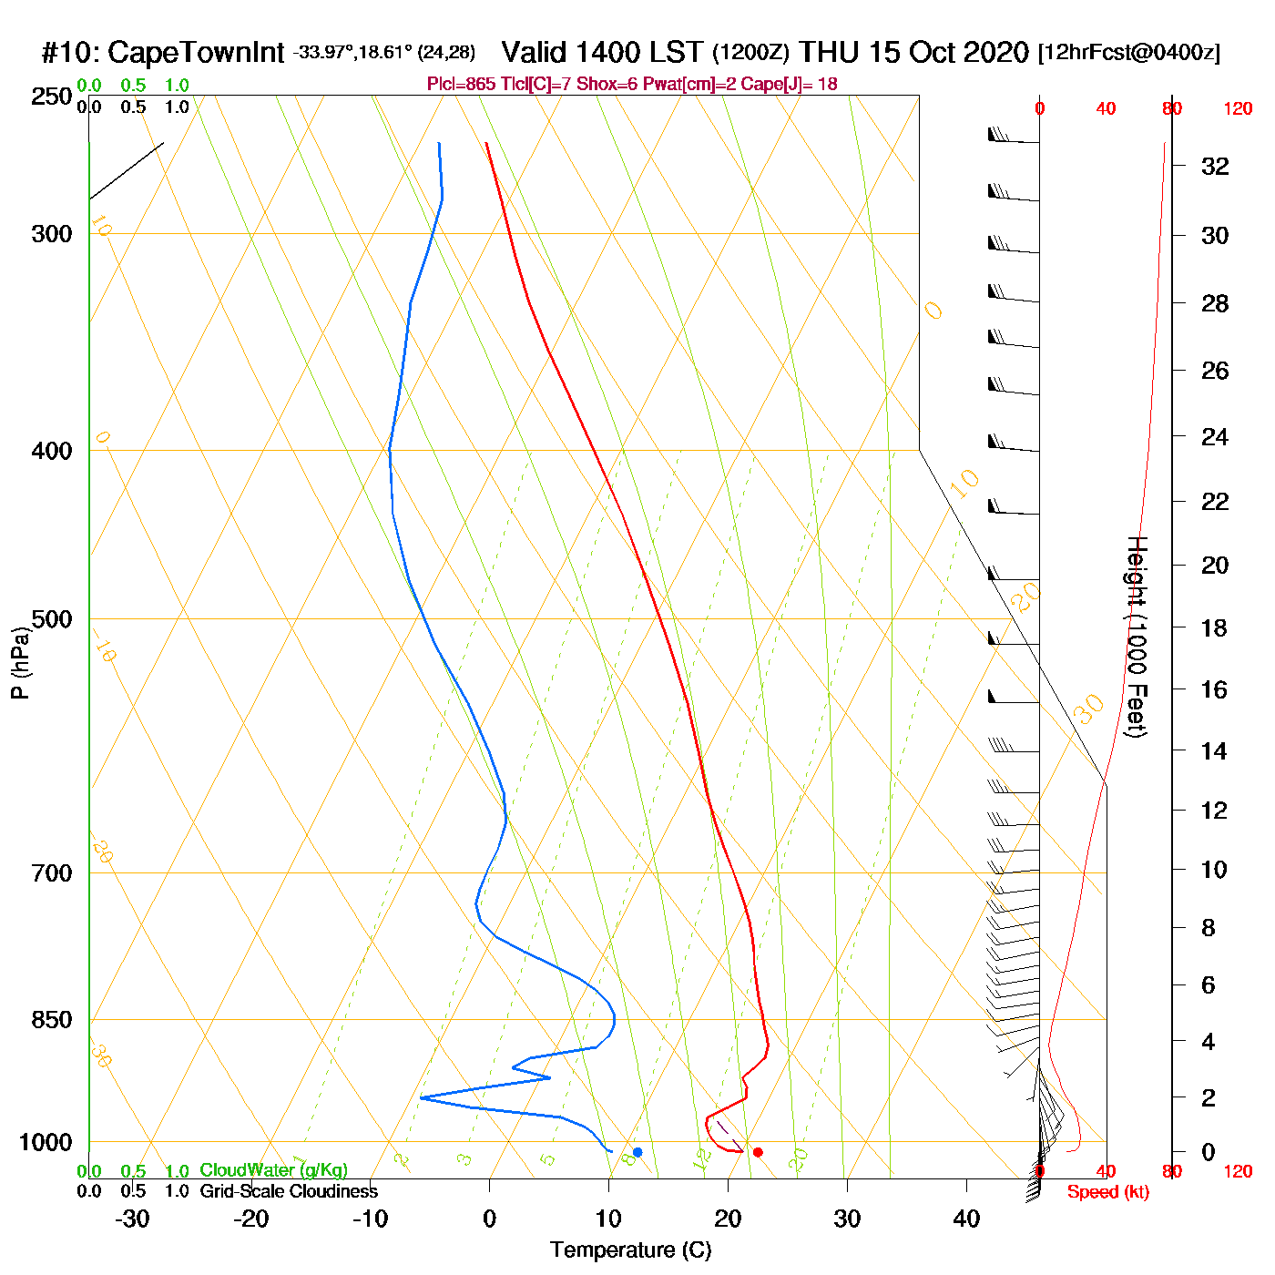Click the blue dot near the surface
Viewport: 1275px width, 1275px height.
637,1152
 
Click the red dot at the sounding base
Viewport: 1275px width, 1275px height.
758,1152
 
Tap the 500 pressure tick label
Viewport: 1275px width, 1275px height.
52,619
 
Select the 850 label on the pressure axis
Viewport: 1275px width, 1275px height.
52,1020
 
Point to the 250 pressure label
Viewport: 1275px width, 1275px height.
52,97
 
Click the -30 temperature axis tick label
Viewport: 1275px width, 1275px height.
132,1219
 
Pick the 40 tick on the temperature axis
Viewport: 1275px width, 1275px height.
966,1219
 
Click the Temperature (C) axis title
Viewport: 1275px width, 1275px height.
630,1250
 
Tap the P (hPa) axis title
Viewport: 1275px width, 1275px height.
20,662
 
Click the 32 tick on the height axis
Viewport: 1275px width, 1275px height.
1215,166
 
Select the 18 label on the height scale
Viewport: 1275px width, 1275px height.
1214,627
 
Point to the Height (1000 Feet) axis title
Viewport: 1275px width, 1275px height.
1137,637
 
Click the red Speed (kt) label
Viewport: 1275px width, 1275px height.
1107,1192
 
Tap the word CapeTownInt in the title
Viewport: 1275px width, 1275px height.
196,53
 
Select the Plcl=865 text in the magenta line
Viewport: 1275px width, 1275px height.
462,85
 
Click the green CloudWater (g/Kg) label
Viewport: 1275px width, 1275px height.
273,1170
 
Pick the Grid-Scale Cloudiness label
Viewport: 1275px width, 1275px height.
289,1191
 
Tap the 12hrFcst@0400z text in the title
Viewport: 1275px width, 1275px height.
1128,53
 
